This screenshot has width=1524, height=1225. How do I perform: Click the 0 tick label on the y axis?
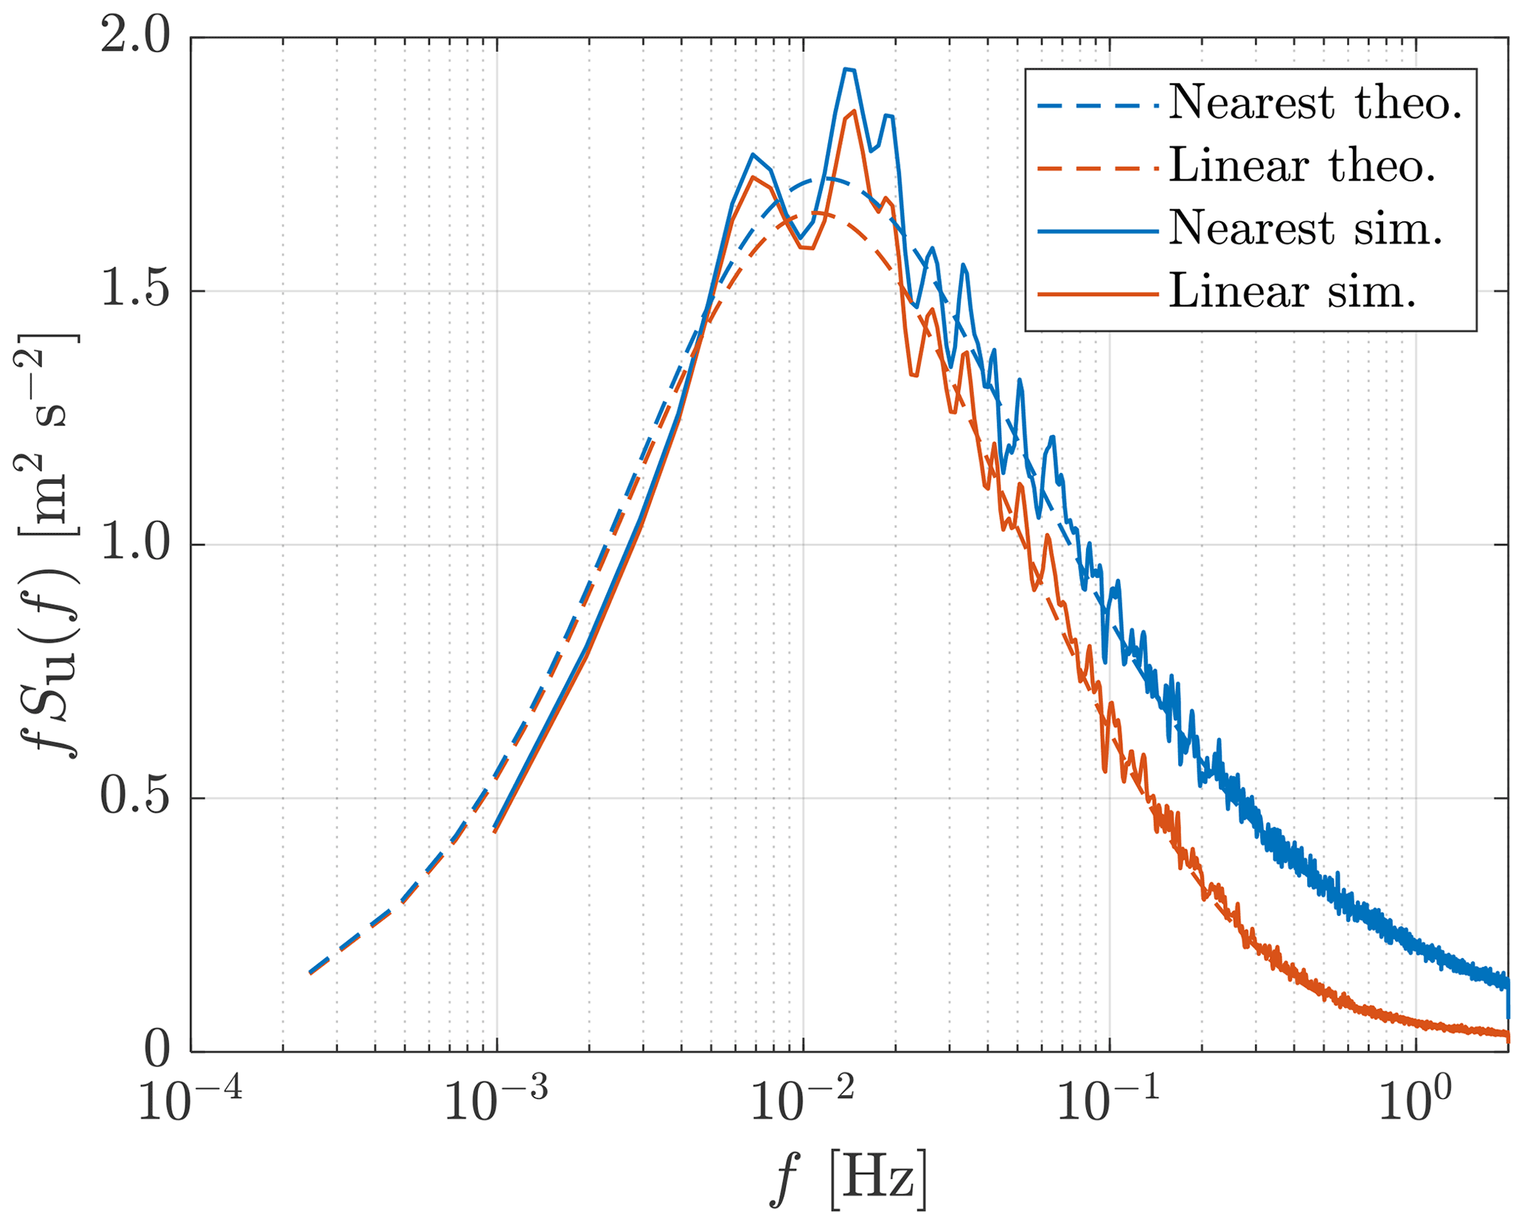pos(157,1052)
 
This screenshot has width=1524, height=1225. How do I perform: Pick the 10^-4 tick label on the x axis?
pos(190,1104)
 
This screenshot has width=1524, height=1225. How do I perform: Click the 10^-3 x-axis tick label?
pos(496,1104)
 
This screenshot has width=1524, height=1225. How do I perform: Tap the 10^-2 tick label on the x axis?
pos(803,1104)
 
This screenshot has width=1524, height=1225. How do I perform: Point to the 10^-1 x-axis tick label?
pos(1109,1104)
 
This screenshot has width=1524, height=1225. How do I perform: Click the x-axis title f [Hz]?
pos(848,1178)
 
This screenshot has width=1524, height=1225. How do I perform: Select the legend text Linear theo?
pos(1302,166)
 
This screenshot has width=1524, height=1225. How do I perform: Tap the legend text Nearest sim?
pos(1305,229)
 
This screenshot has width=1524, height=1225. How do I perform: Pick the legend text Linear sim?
pos(1292,293)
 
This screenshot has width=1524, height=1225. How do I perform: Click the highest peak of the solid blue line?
pos(848,69)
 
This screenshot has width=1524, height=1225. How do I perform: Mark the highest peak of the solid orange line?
pos(853,111)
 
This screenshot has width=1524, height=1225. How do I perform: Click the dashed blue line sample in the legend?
pos(1097,104)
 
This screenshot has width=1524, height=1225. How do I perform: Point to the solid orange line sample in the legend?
pos(1097,294)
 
